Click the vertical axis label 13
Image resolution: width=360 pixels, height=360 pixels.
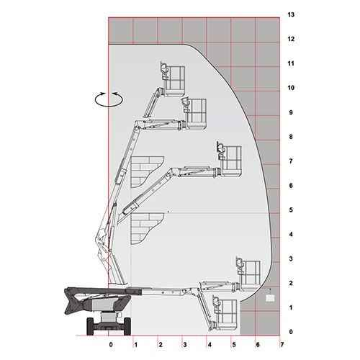[291, 15]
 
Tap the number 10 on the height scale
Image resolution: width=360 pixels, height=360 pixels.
[291, 88]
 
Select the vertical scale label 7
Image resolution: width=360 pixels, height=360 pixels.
[291, 161]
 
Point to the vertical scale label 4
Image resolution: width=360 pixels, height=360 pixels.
[291, 234]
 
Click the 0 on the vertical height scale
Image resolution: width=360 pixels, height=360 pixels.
[291, 332]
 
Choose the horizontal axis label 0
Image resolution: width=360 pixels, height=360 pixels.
[111, 345]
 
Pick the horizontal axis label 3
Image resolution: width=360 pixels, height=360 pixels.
[185, 345]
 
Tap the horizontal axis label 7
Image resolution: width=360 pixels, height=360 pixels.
[282, 345]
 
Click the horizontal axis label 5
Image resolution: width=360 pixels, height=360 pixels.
[234, 345]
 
